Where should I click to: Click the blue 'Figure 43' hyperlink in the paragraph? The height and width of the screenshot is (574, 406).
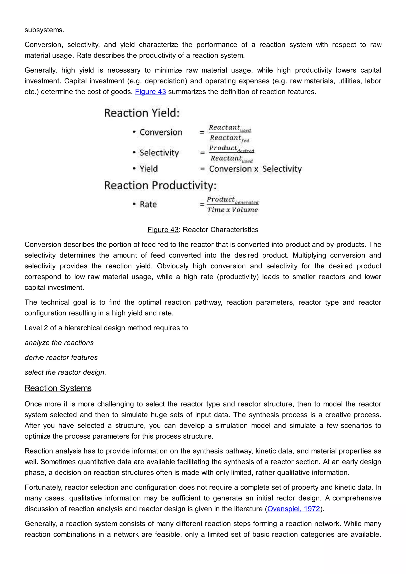point(150,92)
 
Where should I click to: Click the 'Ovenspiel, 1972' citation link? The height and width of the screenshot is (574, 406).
point(294,509)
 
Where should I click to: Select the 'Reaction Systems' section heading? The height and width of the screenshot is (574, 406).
point(58,388)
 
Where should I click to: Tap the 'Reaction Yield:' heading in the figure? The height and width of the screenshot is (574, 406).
point(142,113)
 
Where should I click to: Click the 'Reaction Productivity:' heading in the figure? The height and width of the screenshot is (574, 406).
point(160,185)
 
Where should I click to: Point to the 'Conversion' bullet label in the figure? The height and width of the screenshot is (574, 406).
point(161,132)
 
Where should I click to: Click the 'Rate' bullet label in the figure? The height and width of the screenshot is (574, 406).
point(148,204)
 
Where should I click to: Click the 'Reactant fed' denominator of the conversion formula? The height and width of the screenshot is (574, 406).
point(229,138)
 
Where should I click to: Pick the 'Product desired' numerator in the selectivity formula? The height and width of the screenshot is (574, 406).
point(231,148)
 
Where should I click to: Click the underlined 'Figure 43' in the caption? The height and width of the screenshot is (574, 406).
point(163,230)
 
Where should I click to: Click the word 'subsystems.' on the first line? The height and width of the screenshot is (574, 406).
point(44,30)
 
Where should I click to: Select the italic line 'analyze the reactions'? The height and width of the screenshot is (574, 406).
point(59,342)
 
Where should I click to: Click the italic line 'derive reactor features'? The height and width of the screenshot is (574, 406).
point(61,358)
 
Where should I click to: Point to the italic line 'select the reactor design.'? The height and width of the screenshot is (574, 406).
point(65,372)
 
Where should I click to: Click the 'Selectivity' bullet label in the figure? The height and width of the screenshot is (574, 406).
point(159,153)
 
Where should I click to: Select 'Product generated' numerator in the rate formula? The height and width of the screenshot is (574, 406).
point(232,200)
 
